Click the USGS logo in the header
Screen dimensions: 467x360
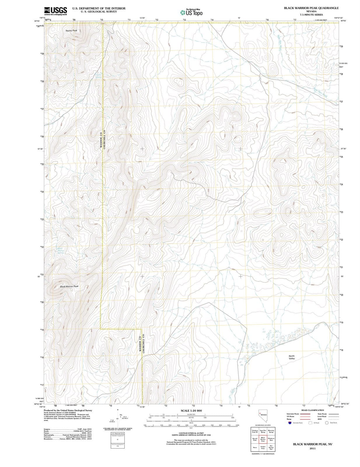click(55, 11)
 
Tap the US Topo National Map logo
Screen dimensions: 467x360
click(191, 12)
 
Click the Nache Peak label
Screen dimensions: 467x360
click(71, 31)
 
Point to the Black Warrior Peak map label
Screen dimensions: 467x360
click(69, 286)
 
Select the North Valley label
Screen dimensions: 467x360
click(292, 357)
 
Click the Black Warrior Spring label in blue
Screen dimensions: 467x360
click(60, 251)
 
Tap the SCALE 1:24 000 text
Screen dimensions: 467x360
click(191, 411)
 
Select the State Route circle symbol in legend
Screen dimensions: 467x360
click(327, 423)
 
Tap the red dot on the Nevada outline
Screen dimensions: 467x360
click(259, 414)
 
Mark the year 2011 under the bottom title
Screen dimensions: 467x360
click(313, 448)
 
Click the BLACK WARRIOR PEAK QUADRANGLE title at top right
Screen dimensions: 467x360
click(311, 8)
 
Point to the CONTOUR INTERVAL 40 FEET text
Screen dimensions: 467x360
click(191, 433)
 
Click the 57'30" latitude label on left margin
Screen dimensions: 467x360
click(41, 149)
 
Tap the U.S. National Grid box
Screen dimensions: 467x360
click(118, 434)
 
